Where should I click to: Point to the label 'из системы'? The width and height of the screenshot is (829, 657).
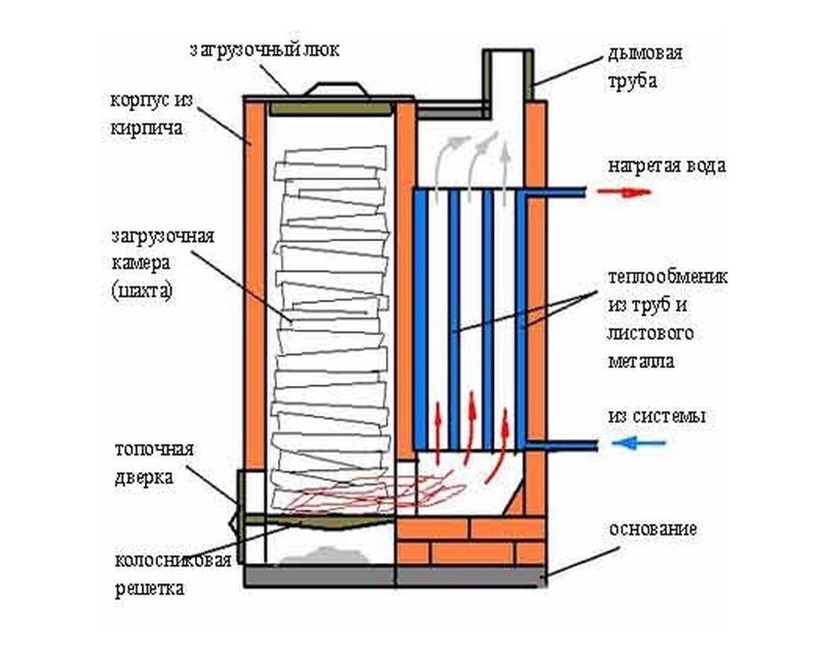[657, 416]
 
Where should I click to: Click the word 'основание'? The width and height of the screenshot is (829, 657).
[653, 529]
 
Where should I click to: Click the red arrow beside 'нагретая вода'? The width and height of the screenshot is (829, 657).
[624, 192]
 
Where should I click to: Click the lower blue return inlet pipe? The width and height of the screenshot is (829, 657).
[560, 445]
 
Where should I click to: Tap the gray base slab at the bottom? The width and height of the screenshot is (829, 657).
[396, 576]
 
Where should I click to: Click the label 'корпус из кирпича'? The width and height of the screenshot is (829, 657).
[146, 113]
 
